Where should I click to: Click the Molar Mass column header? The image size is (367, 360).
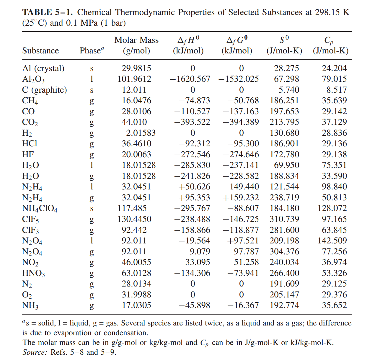pyautogui.click(x=136, y=40)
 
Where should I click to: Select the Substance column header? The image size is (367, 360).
pyautogui.click(x=40, y=51)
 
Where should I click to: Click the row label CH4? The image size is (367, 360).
pyautogui.click(x=30, y=101)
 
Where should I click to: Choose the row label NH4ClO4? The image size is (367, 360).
pyautogui.click(x=40, y=209)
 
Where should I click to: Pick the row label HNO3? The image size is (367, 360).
pyautogui.click(x=33, y=273)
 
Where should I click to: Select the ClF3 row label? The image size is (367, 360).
pyautogui.click(x=30, y=230)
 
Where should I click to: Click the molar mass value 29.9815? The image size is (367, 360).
pyautogui.click(x=136, y=68)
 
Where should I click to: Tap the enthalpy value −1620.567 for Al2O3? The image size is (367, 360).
pyautogui.click(x=190, y=79)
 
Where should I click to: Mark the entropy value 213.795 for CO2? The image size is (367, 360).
pyautogui.click(x=284, y=122)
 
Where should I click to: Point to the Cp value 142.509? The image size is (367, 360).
pyautogui.click(x=332, y=241)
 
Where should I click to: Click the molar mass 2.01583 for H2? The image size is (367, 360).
pyautogui.click(x=141, y=133)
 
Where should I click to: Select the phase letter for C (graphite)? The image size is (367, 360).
pyautogui.click(x=92, y=90)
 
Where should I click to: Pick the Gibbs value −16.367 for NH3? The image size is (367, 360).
pyautogui.click(x=243, y=305)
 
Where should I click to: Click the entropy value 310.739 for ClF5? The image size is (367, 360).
pyautogui.click(x=284, y=219)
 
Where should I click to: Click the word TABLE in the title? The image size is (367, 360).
pyautogui.click(x=37, y=12)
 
